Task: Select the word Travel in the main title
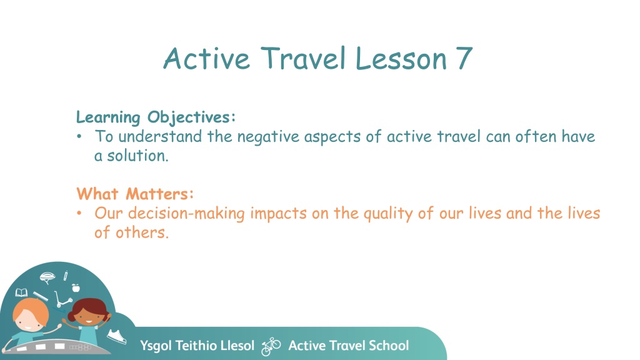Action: (x=303, y=57)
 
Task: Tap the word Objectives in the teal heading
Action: (x=191, y=117)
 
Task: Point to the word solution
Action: (x=137, y=156)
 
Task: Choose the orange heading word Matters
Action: (x=159, y=194)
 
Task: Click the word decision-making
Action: (x=186, y=214)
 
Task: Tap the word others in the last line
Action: (x=142, y=232)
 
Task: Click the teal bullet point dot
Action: (x=79, y=137)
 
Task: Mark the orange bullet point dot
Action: (x=79, y=213)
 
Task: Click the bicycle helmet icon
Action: (x=47, y=278)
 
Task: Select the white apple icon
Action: (x=76, y=287)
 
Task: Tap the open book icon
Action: (x=21, y=292)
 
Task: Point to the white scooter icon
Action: (x=63, y=299)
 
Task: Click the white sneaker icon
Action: (x=117, y=336)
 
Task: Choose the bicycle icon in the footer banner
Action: (x=271, y=346)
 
